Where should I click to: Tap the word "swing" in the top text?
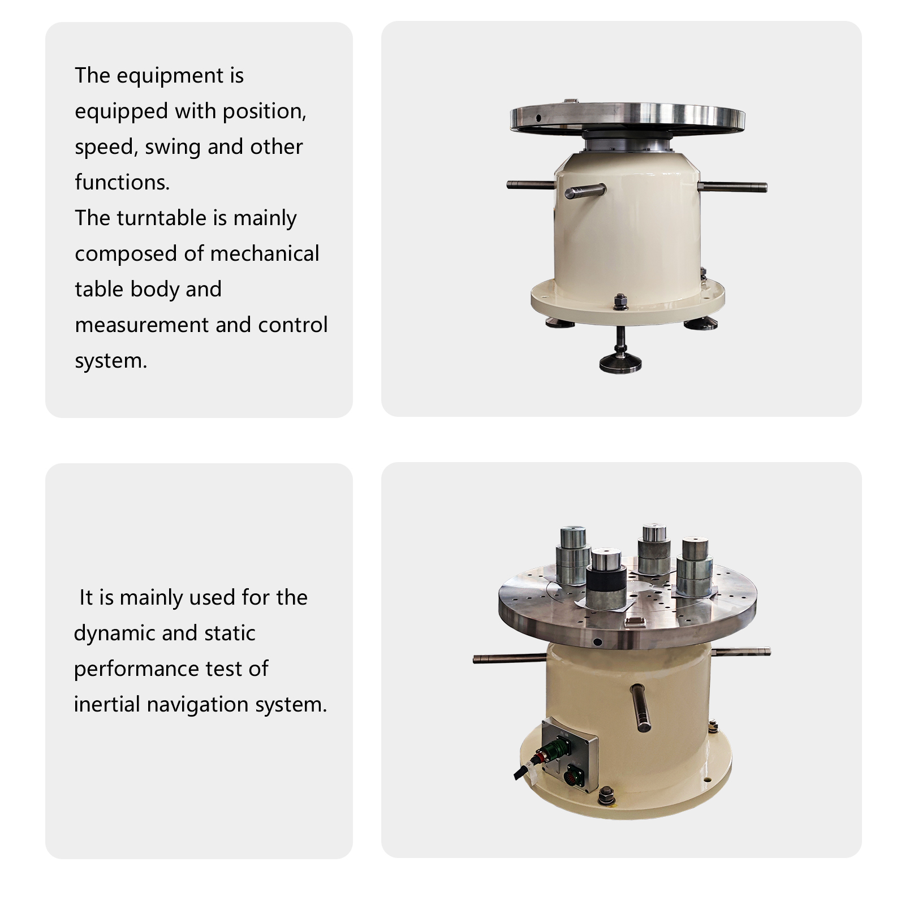173,147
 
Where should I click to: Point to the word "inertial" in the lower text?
107,704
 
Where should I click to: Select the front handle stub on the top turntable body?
585,191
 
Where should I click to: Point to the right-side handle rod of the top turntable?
732,186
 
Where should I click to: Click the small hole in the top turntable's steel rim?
538,118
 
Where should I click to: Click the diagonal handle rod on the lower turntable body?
640,708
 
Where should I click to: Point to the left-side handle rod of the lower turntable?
509,658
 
